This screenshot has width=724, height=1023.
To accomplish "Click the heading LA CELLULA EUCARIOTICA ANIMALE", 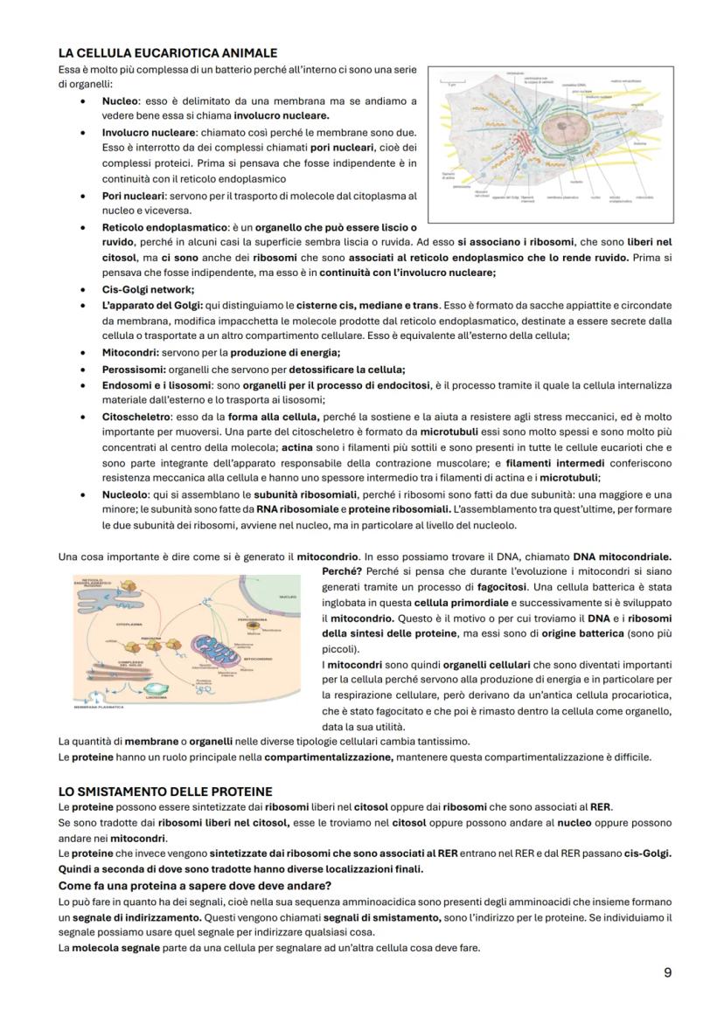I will pyautogui.click(x=167, y=53).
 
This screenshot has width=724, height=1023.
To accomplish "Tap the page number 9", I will pyautogui.click(x=666, y=972).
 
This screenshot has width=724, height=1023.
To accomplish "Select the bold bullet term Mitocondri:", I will pyautogui.click(x=129, y=352).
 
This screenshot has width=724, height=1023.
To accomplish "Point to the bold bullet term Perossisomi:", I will pyautogui.click(x=132, y=369).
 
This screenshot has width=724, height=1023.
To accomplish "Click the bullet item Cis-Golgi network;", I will pyautogui.click(x=148, y=289).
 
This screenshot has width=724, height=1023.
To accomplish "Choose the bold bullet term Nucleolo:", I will pyautogui.click(x=127, y=494).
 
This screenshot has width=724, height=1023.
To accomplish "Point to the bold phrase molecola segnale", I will pyautogui.click(x=108, y=948).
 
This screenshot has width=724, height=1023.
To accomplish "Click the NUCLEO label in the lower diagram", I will pyautogui.click(x=289, y=597).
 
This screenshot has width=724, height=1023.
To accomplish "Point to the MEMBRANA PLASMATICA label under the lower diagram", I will pyautogui.click(x=99, y=706).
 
